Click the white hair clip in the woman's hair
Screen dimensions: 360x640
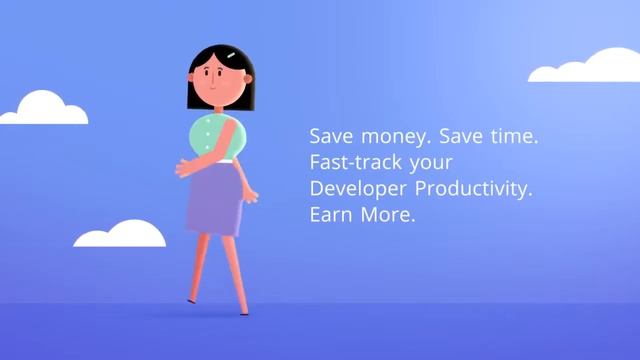click(231, 55)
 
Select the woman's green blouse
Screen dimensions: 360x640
click(213, 137)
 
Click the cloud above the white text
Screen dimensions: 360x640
click(585, 66)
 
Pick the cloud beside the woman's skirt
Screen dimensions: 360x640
click(120, 236)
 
